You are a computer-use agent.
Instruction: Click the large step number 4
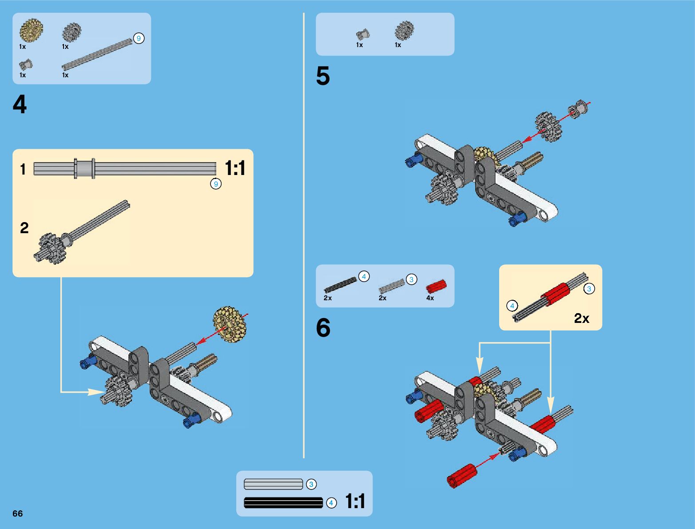20,105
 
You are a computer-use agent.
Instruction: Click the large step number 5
323,76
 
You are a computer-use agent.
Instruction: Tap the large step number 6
323,328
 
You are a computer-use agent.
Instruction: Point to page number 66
17,513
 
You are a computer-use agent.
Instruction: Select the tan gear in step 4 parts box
31,30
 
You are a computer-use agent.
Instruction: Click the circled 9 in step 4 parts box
139,39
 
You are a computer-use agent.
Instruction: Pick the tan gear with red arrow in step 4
230,324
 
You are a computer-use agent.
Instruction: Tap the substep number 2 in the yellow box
24,228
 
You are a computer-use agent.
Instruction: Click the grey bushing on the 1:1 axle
84,169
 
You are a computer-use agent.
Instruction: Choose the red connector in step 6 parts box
436,286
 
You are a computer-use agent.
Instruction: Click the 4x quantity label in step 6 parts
430,298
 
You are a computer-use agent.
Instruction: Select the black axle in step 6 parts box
340,285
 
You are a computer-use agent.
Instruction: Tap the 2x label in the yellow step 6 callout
581,318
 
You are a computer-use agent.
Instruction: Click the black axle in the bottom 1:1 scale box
283,503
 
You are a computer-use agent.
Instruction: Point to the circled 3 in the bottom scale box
311,484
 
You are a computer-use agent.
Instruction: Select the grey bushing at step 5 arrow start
578,109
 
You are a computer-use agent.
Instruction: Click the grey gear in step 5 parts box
404,31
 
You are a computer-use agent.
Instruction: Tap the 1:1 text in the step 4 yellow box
235,168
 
